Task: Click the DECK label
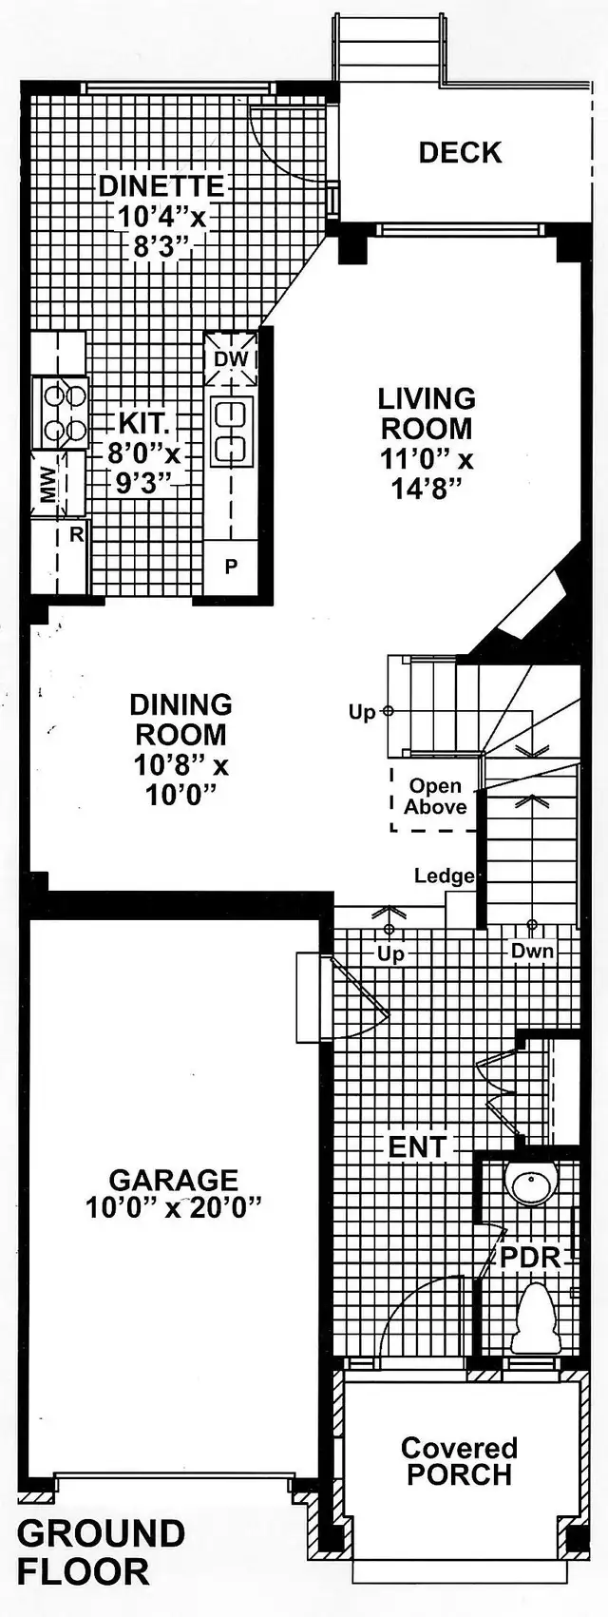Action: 460,153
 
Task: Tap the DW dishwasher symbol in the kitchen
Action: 231,359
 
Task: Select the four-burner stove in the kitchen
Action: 61,413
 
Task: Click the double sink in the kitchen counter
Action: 231,432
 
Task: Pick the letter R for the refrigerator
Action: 76,535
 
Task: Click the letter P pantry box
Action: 231,568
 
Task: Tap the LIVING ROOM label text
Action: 427,414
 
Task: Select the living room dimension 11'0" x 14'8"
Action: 427,473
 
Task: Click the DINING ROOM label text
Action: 180,720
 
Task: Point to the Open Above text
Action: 435,797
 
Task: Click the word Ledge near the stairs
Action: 444,876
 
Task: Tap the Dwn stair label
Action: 532,951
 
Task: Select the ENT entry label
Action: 417,1147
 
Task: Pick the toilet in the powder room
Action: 537,1319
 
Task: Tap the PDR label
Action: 531,1258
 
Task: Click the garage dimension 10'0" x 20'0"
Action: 174,1208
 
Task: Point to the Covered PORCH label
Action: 459,1461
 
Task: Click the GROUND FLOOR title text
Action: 100,1552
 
